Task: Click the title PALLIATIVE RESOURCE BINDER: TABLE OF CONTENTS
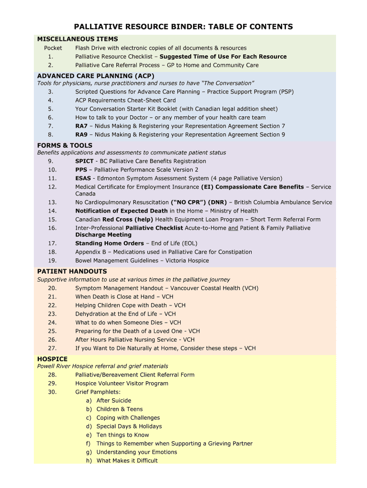click(x=183, y=27)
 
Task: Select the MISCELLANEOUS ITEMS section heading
click(x=78, y=39)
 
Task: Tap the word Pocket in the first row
click(x=53, y=48)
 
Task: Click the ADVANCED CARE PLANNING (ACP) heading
click(x=96, y=76)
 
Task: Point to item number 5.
click(x=51, y=109)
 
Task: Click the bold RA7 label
click(x=82, y=126)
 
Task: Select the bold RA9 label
click(x=82, y=135)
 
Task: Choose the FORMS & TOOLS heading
click(x=65, y=145)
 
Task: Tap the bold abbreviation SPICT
click(x=84, y=162)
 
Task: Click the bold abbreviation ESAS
click(x=83, y=179)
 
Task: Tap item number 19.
click(x=52, y=261)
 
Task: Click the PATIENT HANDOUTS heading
click(x=72, y=271)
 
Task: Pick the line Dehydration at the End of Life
click(x=125, y=314)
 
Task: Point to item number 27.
click(x=52, y=348)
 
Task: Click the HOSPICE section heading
click(x=52, y=359)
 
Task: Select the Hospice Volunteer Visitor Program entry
click(x=122, y=384)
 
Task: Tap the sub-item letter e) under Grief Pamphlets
click(x=89, y=435)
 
